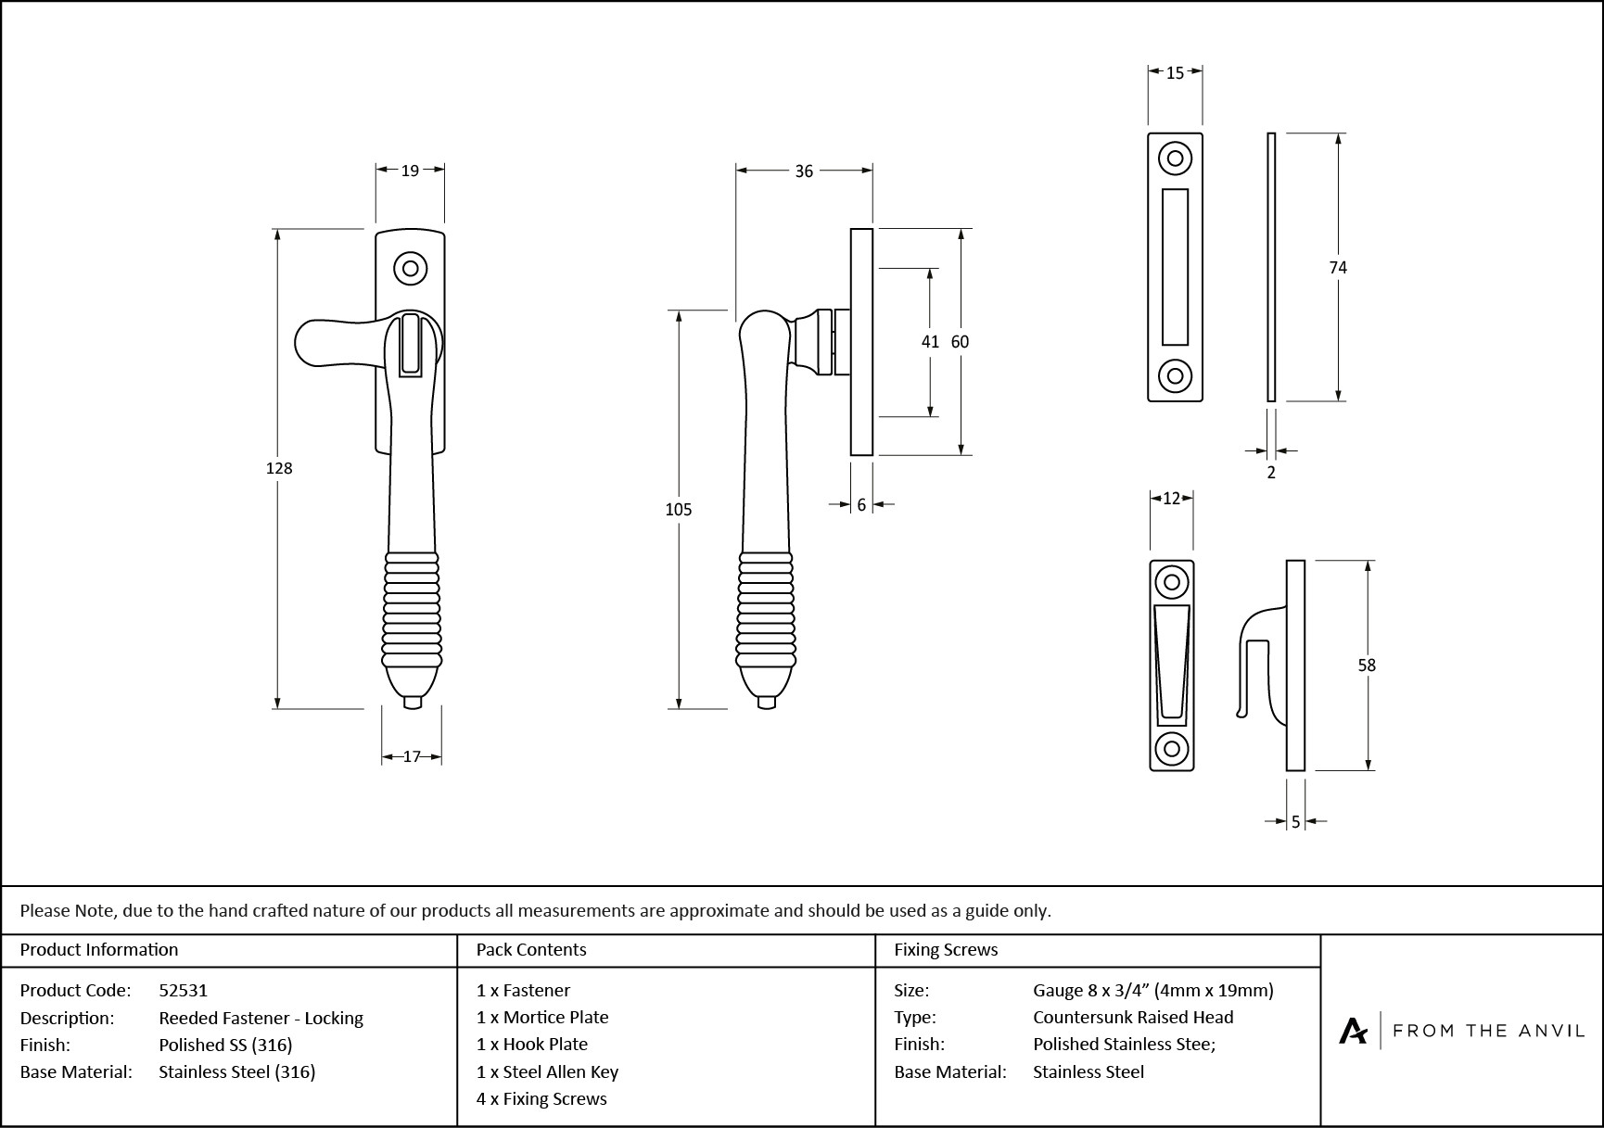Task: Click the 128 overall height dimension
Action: tap(279, 468)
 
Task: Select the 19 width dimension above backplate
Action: tap(410, 170)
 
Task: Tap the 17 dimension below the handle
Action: tap(412, 756)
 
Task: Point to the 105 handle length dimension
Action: tap(679, 509)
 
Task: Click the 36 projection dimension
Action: tap(804, 171)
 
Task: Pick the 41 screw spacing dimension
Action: tap(930, 341)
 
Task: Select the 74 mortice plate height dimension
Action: tap(1338, 267)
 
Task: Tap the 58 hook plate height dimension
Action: tap(1367, 665)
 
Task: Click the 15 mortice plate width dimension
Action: tap(1175, 72)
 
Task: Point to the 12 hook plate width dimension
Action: tap(1171, 499)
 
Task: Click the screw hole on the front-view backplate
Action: tap(410, 269)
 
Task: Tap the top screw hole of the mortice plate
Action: tap(1175, 158)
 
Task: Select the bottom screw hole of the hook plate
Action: tap(1171, 748)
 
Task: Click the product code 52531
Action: tap(184, 990)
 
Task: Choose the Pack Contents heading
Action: tap(531, 949)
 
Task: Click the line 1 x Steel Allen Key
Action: tap(547, 1071)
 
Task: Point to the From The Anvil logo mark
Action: tap(1354, 1031)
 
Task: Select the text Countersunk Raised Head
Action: tap(1133, 1017)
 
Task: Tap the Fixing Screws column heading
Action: tap(946, 949)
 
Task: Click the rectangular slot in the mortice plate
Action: tap(1175, 267)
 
